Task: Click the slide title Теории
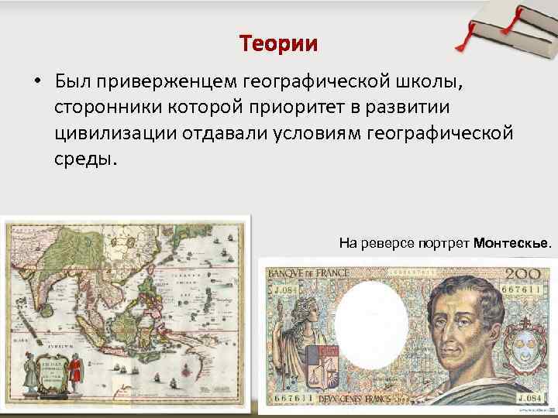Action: pyautogui.click(x=278, y=43)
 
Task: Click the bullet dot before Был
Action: pyautogui.click(x=36, y=81)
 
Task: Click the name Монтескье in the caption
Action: pyautogui.click(x=512, y=243)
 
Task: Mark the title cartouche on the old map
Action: pyautogui.click(x=46, y=372)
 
